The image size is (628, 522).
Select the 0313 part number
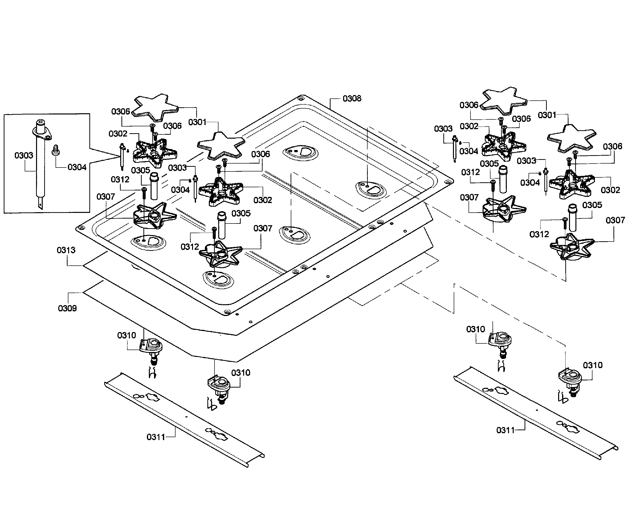tap(66, 250)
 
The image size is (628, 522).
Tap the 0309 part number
tap(67, 308)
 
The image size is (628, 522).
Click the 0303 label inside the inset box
tap(24, 155)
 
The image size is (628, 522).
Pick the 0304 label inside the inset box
tap(77, 167)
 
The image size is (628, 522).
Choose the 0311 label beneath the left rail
tap(156, 437)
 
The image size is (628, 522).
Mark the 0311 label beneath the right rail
tap(505, 430)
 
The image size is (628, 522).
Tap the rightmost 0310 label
tap(593, 365)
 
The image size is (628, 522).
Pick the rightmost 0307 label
tap(615, 220)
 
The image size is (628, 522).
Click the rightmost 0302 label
tap(610, 190)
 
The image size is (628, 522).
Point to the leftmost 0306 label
tap(121, 112)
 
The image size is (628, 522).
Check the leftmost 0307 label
tap(106, 197)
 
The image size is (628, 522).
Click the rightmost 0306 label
tap(612, 146)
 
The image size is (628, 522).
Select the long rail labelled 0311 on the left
tap(184, 420)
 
